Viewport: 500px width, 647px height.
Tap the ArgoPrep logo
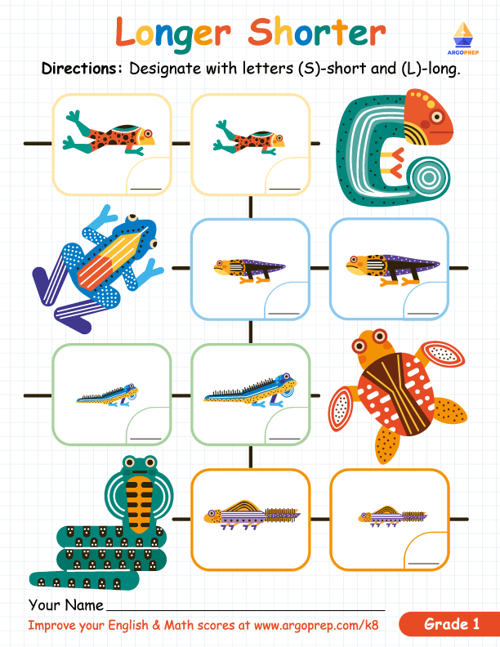point(462,37)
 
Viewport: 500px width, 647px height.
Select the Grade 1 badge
point(451,625)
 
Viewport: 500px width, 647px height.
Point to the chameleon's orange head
point(428,115)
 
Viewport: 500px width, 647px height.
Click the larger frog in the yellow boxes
point(109,133)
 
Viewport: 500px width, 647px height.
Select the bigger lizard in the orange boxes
point(250,512)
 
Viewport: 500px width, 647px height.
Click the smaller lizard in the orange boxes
point(387,515)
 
